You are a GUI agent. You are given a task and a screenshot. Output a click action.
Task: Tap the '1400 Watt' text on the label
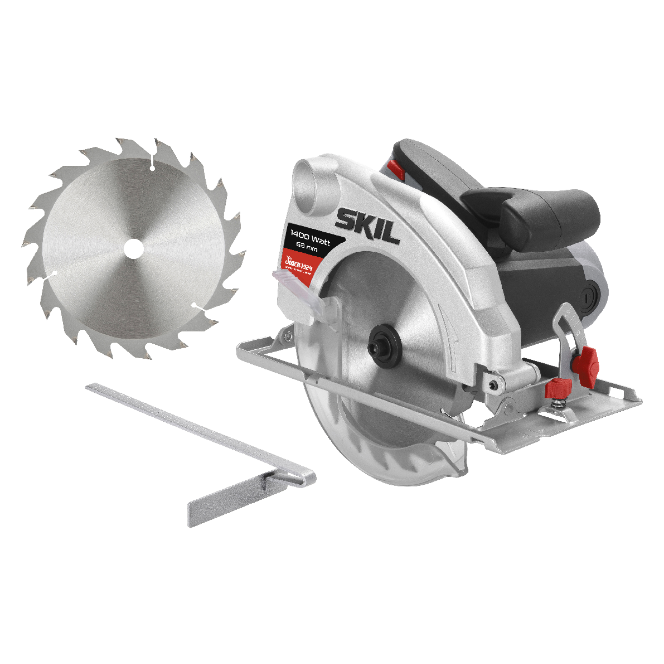[x=310, y=238]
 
